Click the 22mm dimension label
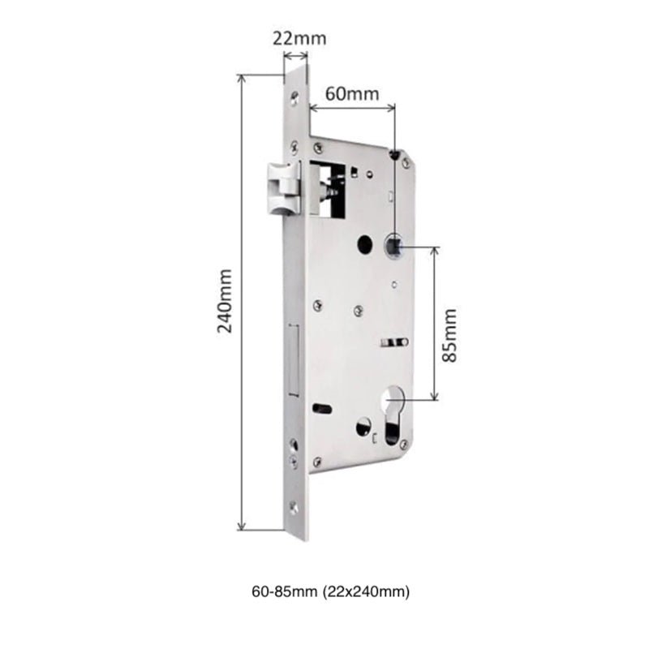295,38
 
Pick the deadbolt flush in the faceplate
294,357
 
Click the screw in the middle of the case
357,309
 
